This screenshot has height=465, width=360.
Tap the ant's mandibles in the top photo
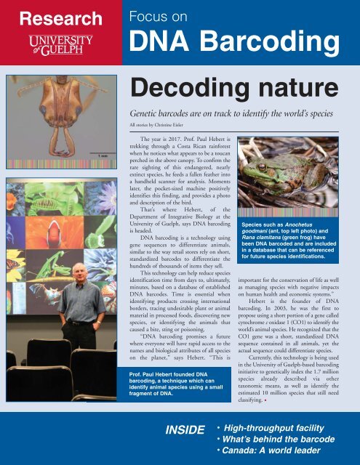click(x=61, y=127)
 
